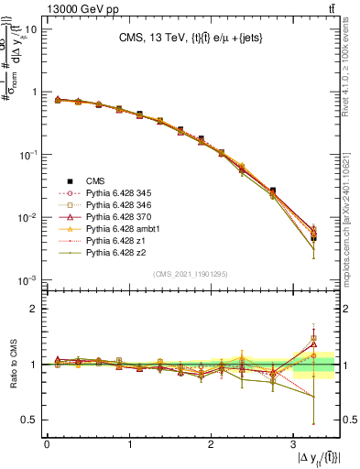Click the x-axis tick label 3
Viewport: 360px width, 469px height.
(x=292, y=444)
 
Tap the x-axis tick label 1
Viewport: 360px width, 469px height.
(x=128, y=444)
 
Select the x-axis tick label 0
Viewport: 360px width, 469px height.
(x=47, y=444)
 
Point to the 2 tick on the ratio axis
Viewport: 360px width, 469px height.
(x=33, y=309)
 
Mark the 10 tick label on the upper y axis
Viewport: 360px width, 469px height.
(x=29, y=29)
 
